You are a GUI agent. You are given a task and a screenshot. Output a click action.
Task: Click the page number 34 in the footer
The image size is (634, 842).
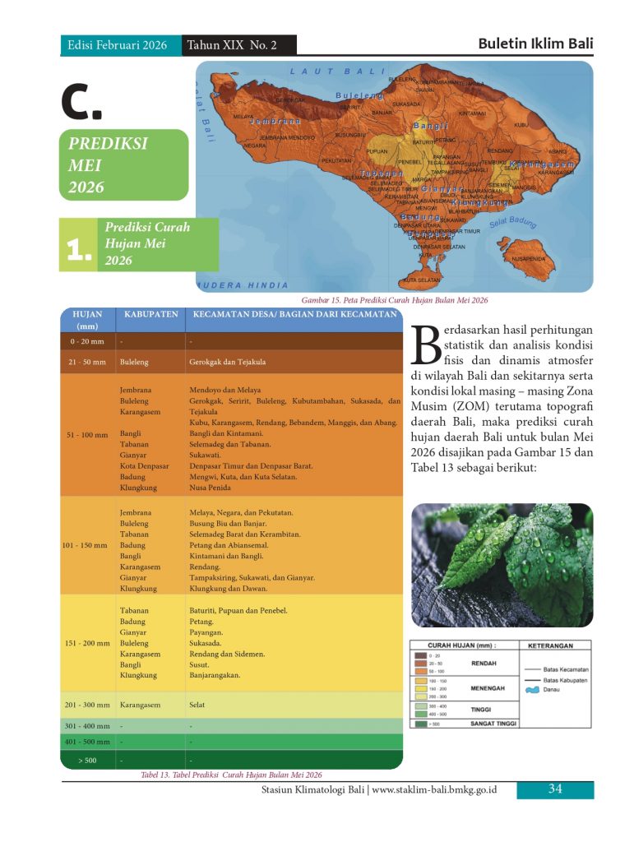[x=555, y=789]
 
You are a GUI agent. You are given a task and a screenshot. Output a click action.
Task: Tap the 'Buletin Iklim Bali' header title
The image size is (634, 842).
[x=535, y=44]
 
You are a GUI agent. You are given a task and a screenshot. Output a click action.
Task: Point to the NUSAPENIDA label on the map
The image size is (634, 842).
[x=529, y=259]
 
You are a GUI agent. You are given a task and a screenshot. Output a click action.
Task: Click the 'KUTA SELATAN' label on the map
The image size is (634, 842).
[x=422, y=280]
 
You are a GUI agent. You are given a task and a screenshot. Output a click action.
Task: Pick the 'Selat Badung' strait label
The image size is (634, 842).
[x=512, y=222]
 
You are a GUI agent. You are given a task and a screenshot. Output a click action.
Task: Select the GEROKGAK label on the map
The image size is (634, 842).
[x=289, y=100]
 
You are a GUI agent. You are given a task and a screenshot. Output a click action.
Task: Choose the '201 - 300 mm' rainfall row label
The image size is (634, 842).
[x=87, y=705]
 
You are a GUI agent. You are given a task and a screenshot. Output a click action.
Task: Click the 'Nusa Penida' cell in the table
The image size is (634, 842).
[x=210, y=488]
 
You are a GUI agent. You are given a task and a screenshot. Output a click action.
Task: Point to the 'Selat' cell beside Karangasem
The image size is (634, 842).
[x=197, y=705]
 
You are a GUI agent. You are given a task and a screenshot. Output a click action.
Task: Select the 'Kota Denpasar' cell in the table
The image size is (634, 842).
[x=144, y=465]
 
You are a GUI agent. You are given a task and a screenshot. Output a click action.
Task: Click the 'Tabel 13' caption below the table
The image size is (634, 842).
[x=231, y=775]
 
